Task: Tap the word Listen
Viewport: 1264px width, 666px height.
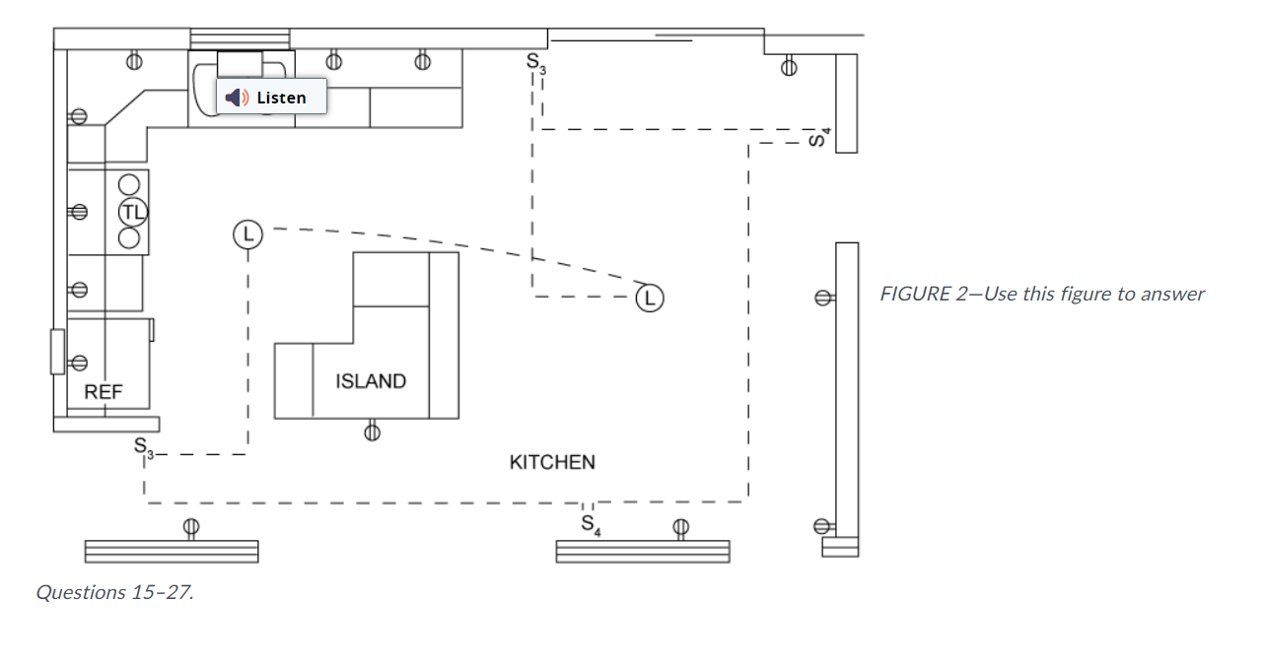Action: [x=281, y=98]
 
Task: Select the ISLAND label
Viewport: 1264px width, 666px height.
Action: [x=371, y=381]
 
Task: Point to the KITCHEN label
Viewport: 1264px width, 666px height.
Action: [x=552, y=462]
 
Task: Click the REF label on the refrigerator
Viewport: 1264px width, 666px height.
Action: [x=104, y=392]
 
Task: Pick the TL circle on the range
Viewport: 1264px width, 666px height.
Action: [x=132, y=211]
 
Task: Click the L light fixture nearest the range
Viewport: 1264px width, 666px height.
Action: [x=247, y=234]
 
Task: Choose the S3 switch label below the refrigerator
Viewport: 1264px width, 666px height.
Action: [x=144, y=446]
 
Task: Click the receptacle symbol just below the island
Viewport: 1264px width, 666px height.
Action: [x=372, y=431]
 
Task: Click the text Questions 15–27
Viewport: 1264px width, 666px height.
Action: [x=114, y=592]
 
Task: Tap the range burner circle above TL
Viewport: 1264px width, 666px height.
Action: [x=129, y=184]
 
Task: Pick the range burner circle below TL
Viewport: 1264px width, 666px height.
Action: [x=129, y=237]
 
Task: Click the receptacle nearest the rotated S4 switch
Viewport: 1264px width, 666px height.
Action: [x=787, y=68]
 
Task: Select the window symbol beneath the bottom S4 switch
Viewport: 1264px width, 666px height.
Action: [x=643, y=551]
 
